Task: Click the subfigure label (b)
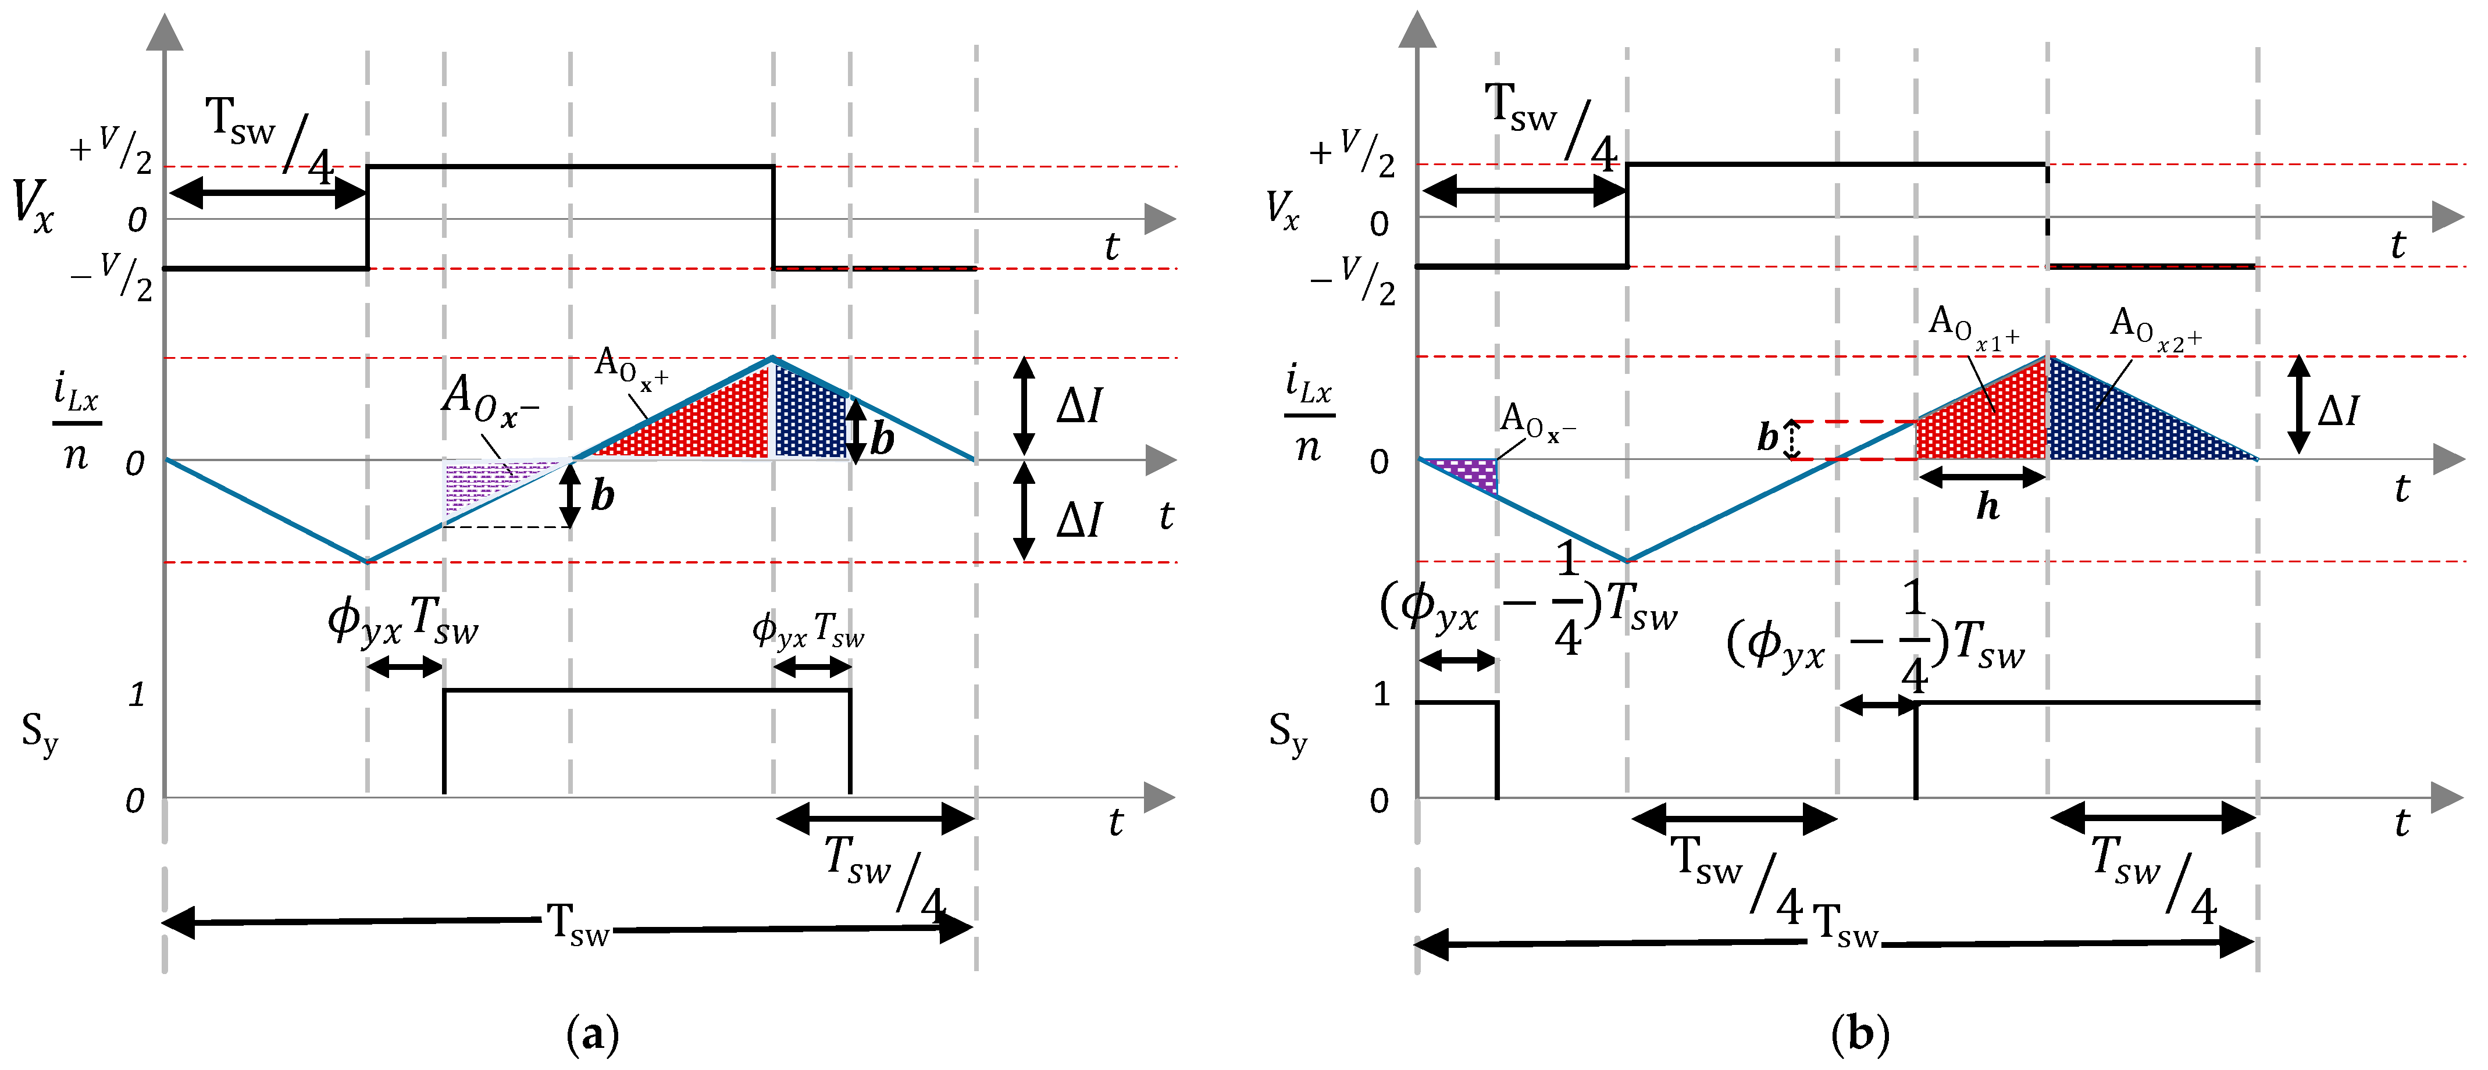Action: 1859,1035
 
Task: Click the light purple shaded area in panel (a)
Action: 483,483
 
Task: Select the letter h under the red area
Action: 1987,506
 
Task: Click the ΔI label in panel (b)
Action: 2337,411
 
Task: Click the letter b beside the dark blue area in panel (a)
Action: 882,440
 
